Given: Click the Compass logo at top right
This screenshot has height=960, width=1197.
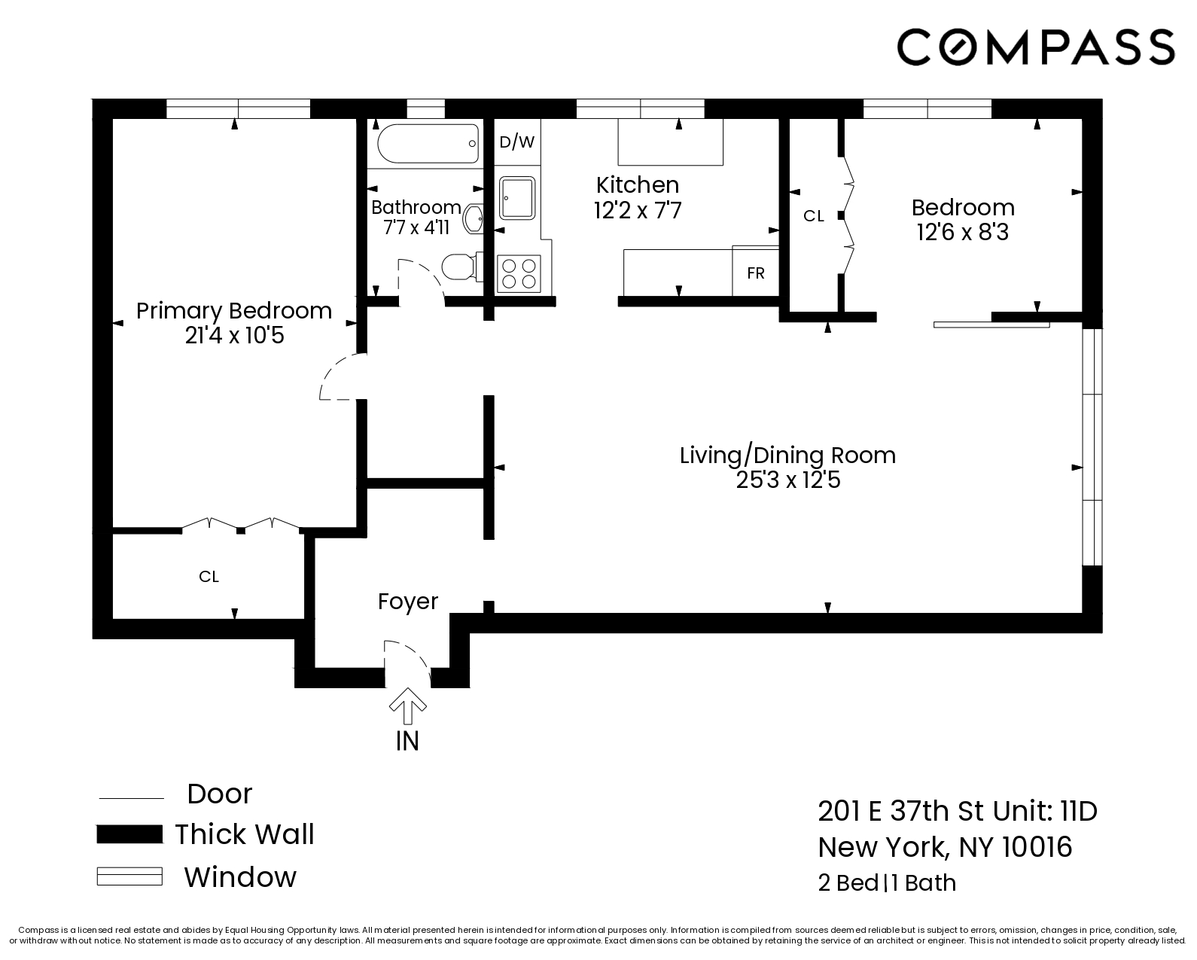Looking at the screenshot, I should point(1035,47).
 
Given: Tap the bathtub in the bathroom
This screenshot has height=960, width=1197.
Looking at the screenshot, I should point(428,143).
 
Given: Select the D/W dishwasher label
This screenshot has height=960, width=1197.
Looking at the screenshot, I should point(517,142).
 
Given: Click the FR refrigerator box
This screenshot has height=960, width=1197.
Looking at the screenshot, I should point(756,273).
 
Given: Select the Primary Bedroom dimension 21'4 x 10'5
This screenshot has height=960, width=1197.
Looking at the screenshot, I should point(234,336).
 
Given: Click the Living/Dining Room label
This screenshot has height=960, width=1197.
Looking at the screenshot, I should point(787,455).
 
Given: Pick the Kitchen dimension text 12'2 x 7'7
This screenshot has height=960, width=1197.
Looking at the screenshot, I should point(638,210).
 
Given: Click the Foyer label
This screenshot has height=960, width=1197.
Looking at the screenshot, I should point(408,601).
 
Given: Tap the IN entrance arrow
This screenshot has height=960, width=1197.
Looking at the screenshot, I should point(407,705).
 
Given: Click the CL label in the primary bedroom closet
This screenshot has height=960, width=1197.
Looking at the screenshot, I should point(209,577).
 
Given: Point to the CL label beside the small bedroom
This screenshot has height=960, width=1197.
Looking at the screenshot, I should point(813,216).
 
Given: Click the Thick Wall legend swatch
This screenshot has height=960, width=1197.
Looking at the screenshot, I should point(129,834).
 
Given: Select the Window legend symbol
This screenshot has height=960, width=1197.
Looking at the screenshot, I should point(129,876).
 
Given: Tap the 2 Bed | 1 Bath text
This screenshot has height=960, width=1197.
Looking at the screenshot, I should point(887,882).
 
